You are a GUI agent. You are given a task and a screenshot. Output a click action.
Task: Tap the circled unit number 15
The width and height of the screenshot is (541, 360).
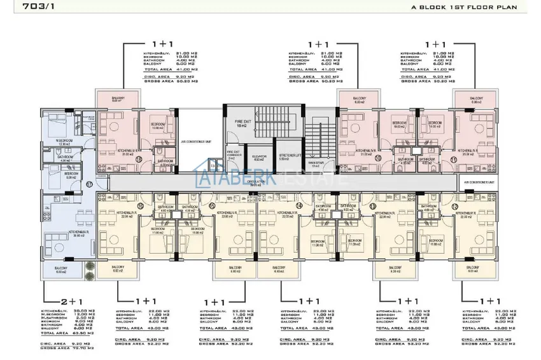212,207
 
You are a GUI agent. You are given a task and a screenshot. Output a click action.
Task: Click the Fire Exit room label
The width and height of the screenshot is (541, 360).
241,123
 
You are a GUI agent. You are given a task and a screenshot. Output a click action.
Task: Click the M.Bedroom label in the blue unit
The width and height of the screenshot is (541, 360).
64,141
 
